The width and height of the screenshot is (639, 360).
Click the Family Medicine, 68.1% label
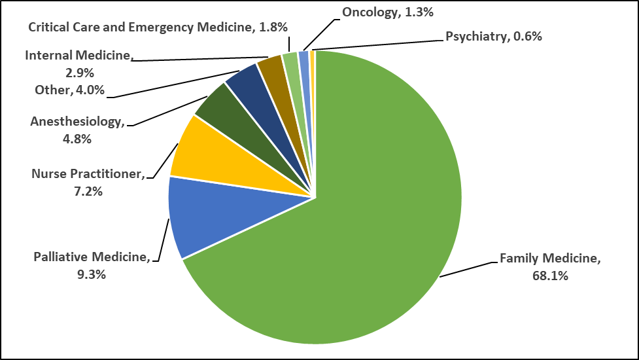tap(549, 266)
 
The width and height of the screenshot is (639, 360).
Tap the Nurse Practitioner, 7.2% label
tap(88, 183)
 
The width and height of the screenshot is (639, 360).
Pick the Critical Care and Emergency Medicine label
tap(158, 27)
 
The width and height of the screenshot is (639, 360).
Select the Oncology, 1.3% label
tap(379, 12)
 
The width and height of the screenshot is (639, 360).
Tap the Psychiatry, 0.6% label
tap(494, 37)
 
